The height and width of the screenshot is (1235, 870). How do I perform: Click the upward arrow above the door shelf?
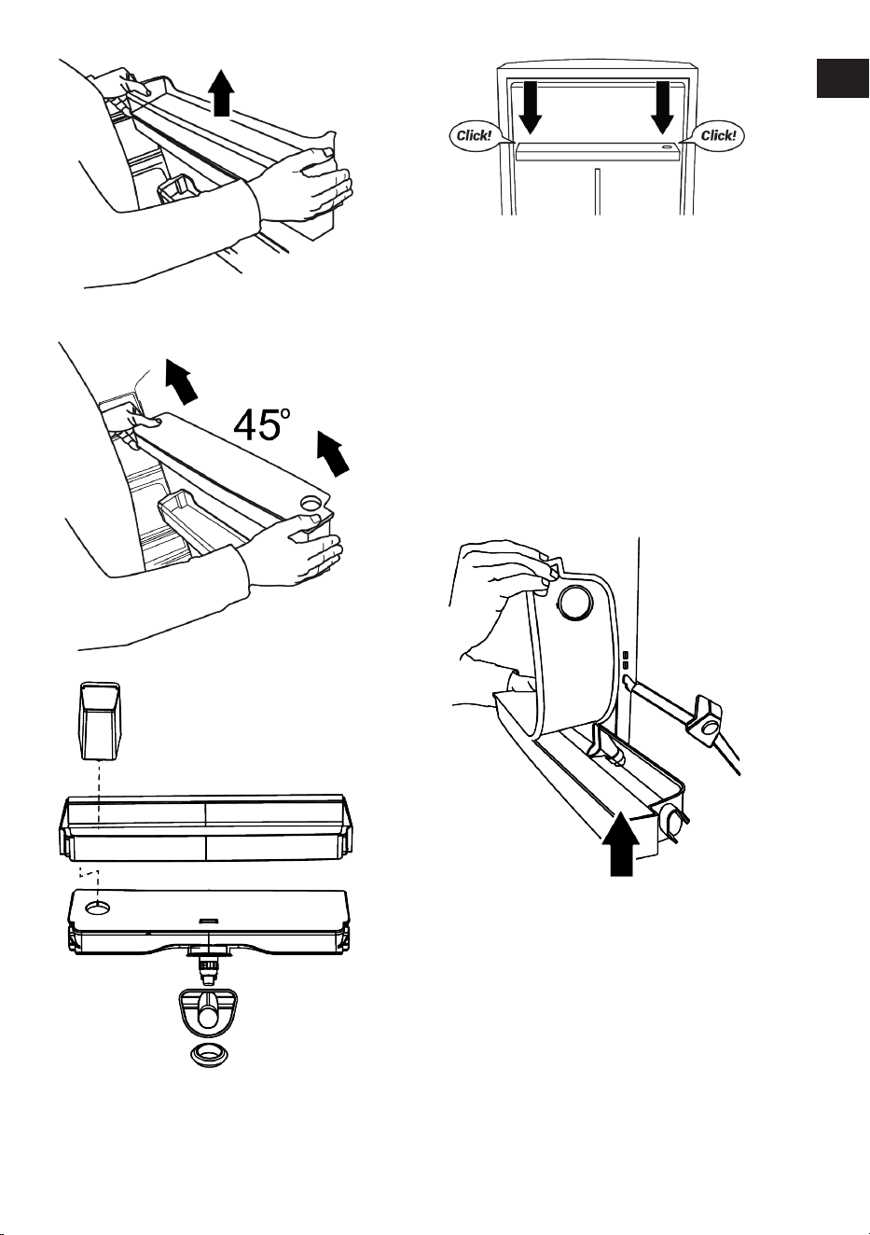222,93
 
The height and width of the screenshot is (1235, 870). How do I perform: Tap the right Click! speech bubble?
717,135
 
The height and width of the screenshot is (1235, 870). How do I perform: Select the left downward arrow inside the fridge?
530,108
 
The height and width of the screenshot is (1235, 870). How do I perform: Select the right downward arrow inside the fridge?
662,108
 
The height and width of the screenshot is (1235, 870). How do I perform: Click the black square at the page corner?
842,77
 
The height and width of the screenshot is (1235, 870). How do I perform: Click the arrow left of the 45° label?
182,380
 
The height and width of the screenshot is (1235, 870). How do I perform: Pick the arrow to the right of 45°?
334,452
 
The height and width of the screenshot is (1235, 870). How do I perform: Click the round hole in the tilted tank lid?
311,504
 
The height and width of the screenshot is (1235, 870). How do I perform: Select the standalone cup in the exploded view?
100,720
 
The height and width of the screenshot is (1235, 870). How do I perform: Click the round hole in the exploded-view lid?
98,908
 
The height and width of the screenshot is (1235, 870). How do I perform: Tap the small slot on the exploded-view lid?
209,920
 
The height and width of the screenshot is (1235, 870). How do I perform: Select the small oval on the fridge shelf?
667,147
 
